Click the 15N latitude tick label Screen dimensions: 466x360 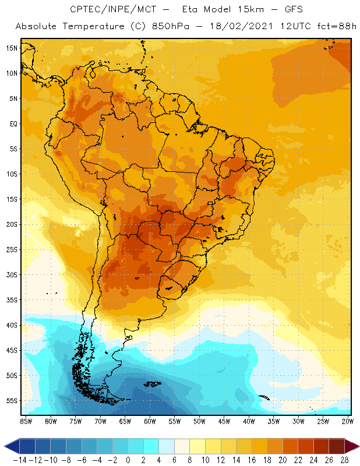12,48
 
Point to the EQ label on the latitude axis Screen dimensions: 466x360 13,123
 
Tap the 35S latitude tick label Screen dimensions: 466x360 12,300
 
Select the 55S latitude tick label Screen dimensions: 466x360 12,401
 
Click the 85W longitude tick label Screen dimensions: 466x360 26,421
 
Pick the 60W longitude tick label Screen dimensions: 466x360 150,421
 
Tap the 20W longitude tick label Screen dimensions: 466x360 348,421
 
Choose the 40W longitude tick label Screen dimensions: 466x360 249,421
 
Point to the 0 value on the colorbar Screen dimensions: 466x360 128,460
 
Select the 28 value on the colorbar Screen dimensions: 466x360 344,460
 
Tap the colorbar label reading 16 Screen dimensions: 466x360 252,460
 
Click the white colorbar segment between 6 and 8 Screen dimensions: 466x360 182,446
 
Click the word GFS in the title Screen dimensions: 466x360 290,10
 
